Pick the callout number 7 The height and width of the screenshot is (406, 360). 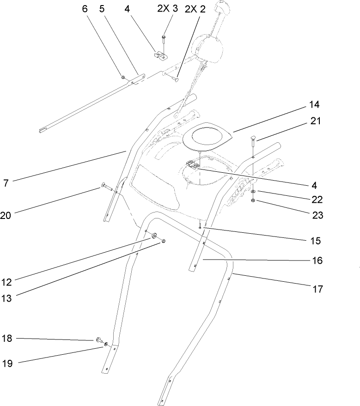(x=6, y=183)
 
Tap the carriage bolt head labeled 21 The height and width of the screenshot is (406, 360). (x=254, y=138)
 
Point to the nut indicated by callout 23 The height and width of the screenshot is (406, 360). (x=254, y=200)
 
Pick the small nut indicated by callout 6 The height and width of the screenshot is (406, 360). (x=123, y=77)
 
